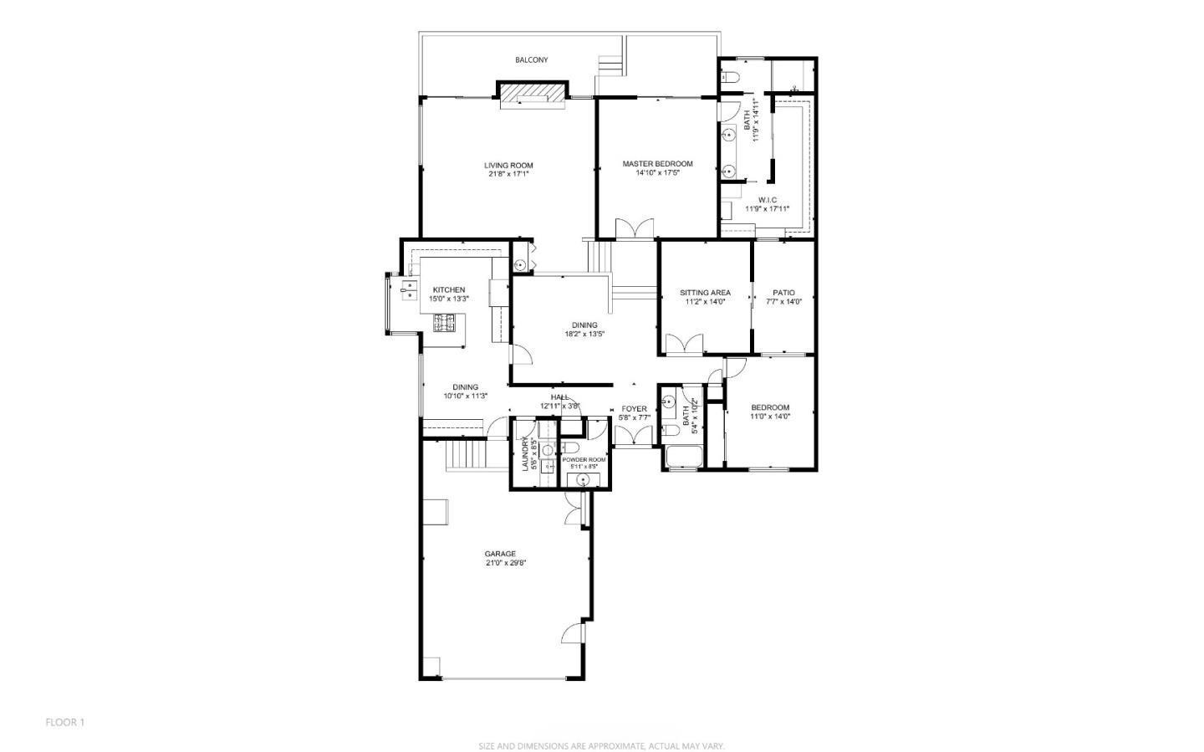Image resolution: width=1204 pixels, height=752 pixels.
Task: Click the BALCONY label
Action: pos(531,60)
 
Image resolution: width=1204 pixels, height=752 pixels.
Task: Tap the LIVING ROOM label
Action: pos(508,166)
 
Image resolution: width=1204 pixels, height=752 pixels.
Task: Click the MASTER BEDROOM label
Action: pos(657,164)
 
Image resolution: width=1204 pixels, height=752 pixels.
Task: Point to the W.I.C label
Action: pos(768,200)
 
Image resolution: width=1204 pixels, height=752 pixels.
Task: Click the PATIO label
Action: pos(783,293)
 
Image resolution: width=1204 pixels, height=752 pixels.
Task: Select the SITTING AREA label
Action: pos(705,293)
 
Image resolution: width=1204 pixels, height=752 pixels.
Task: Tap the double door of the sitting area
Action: pos(685,345)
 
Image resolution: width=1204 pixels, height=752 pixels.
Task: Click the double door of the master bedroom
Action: pos(634,229)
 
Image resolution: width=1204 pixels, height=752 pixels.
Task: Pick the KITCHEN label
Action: pos(449,289)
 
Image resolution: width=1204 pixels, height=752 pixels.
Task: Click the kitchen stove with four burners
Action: pos(444,323)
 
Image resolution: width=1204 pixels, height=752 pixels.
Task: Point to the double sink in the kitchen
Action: pos(411,289)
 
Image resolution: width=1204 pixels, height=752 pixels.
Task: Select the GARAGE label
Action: pos(500,554)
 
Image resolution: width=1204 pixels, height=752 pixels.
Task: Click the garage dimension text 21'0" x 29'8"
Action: pos(505,563)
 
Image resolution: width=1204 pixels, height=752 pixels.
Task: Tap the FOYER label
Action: pos(634,409)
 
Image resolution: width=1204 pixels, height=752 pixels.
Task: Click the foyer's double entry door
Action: pos(634,436)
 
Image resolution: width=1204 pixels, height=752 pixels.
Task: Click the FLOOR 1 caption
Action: pos(65,722)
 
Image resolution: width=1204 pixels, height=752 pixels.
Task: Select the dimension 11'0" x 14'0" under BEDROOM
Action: pos(769,417)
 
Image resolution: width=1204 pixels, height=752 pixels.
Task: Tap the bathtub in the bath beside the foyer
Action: pos(683,458)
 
